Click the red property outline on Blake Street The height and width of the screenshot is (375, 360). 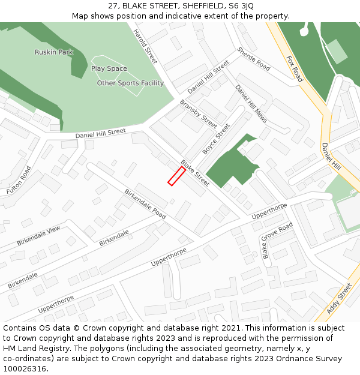click(176, 176)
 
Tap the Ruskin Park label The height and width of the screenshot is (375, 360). click(54, 52)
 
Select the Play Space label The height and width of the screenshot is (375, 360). click(109, 68)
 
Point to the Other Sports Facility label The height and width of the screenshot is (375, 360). click(130, 83)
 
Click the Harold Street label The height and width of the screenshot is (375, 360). click(145, 47)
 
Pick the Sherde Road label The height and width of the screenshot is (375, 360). click(253, 59)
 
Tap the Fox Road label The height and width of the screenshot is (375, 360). click(294, 69)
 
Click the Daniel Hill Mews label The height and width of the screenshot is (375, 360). click(251, 104)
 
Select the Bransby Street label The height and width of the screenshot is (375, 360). click(198, 114)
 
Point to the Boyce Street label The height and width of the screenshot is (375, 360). click(216, 139)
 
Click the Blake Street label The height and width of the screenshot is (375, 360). click(195, 173)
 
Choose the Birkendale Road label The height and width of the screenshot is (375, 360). click(145, 203)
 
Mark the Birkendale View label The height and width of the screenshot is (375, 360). click(38, 236)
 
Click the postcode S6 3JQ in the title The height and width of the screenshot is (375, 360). click(239, 5)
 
